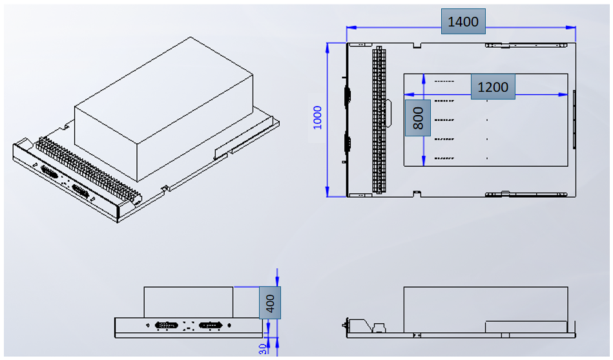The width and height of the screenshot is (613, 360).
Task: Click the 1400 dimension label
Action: click(463, 22)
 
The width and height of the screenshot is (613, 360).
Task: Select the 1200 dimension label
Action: click(492, 87)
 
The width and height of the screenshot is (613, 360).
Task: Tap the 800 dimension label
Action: click(417, 118)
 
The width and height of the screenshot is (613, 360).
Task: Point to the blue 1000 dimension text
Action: click(317, 118)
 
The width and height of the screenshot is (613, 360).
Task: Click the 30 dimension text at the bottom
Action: click(263, 350)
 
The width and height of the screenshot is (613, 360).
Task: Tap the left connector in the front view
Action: click(167, 326)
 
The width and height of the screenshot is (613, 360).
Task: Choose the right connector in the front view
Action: click(211, 326)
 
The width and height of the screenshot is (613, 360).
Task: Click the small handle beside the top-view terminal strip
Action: click(390, 114)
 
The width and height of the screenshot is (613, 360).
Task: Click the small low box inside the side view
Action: click(526, 327)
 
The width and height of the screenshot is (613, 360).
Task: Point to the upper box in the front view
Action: click(189, 302)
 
